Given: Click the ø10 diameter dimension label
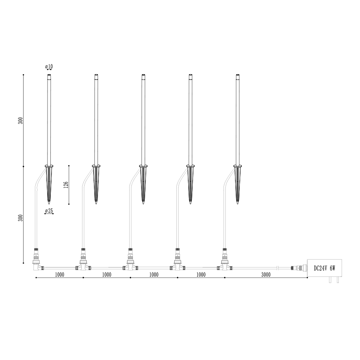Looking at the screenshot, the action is coord(49,67).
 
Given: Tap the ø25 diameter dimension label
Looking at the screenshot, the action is coord(49,211).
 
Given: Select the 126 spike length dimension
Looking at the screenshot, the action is coord(66,185).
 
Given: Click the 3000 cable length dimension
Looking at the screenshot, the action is coord(266,275).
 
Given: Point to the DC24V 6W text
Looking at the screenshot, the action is coord(324,268).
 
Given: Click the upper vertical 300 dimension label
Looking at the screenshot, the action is coord(21,121).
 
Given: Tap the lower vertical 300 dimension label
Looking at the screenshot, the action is coord(21,218).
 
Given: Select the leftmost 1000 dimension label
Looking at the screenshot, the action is coord(59,275).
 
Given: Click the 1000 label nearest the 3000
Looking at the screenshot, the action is coord(201,275).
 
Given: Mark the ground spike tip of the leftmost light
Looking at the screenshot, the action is coord(49,203).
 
